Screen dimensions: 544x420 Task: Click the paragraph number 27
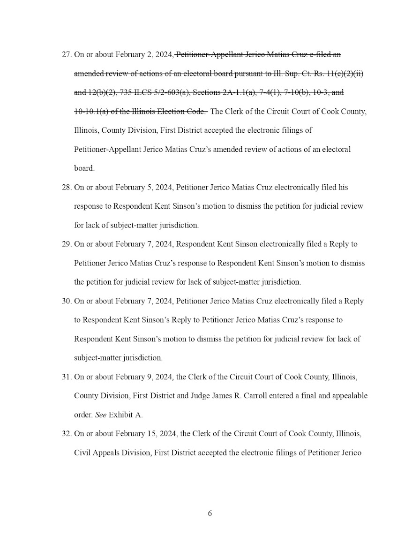[67, 54]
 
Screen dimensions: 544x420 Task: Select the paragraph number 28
[67, 188]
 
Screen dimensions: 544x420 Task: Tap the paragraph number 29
[67, 244]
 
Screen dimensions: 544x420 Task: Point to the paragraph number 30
[67, 301]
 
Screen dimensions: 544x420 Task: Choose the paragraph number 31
[67, 377]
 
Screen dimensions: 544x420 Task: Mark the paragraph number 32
[67, 434]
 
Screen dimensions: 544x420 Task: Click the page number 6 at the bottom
[210, 514]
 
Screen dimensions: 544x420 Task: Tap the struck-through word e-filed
[323, 54]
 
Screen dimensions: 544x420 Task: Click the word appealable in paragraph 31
[349, 396]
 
